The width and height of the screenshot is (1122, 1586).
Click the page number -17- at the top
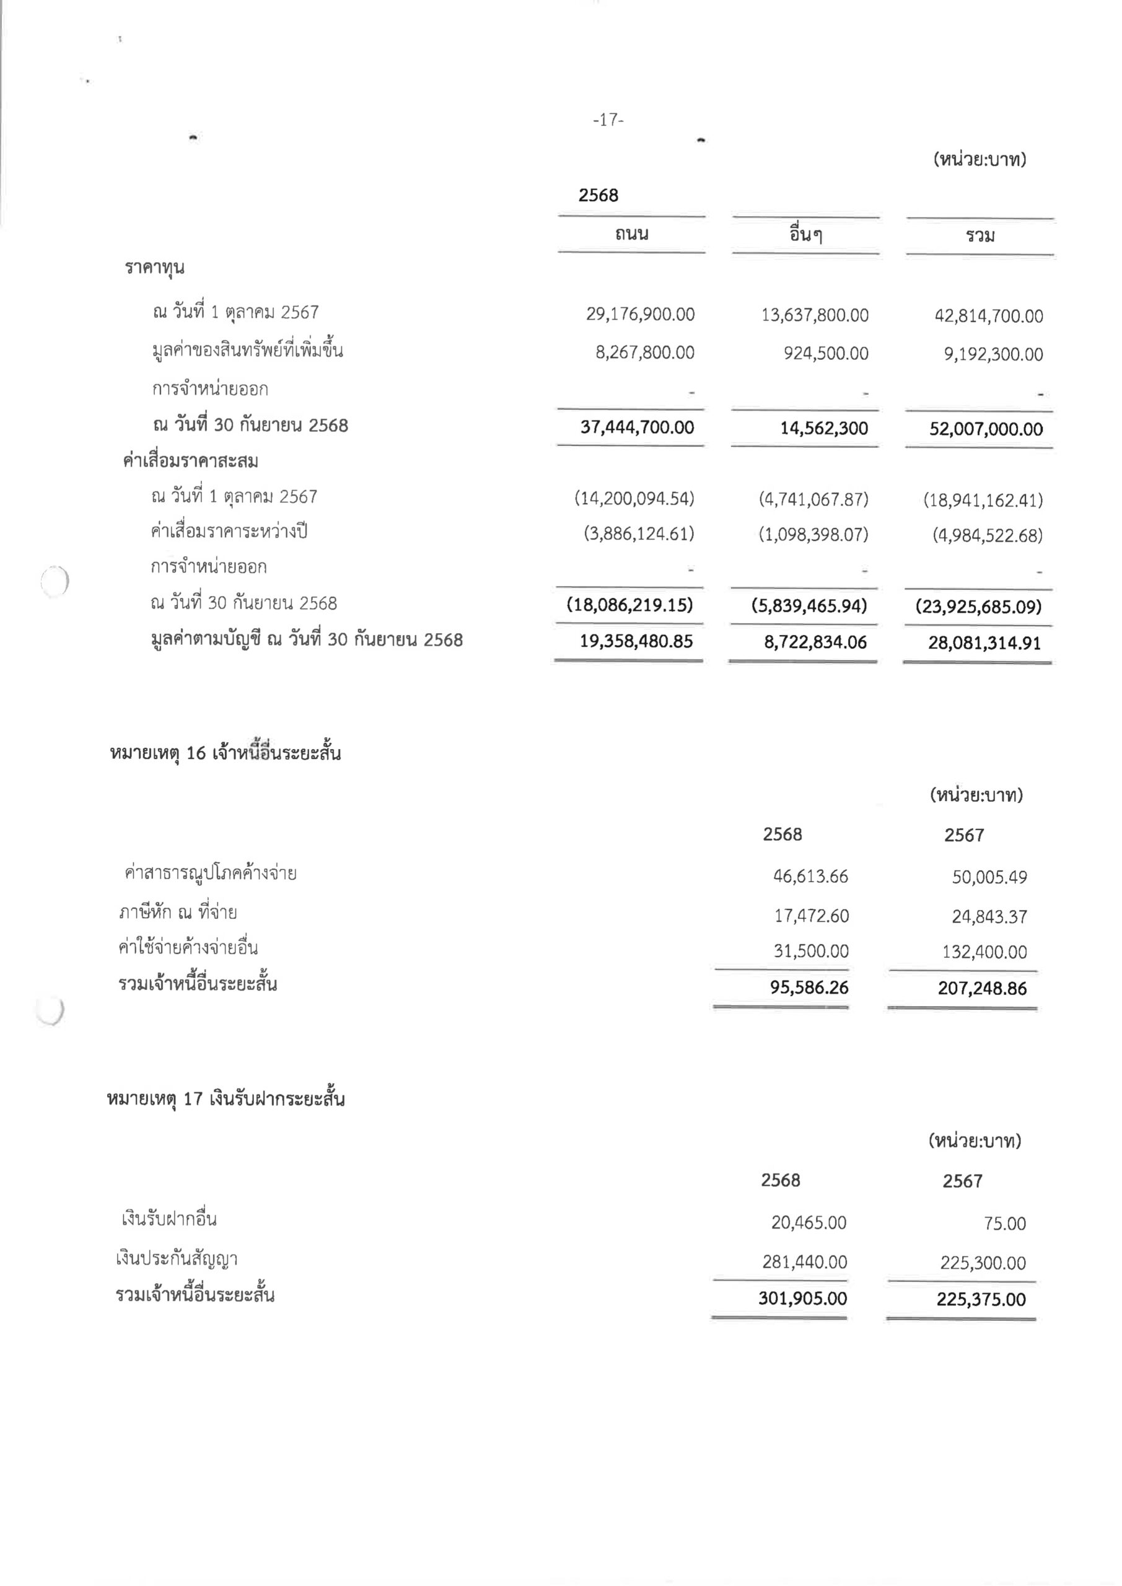[608, 120]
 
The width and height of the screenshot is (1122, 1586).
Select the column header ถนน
[631, 234]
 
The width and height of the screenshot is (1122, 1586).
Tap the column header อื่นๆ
[805, 235]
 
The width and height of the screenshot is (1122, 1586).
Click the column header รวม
[980, 236]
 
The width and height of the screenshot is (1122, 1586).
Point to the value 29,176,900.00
[641, 314]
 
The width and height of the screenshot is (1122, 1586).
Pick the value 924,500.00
[826, 354]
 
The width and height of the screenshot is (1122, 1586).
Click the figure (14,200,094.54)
[634, 498]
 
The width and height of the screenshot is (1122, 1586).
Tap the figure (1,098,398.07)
[813, 535]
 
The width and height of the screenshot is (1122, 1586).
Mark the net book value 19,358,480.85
[636, 641]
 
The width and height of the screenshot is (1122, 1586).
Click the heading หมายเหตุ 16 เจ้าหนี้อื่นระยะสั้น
[226, 753]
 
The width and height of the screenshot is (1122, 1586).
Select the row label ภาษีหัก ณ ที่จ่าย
[178, 913]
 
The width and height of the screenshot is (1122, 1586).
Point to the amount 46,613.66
[810, 877]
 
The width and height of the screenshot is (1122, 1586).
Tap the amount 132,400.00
[984, 952]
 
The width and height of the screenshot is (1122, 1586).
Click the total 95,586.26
[809, 988]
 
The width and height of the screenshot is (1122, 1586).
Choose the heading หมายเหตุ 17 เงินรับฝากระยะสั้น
[226, 1099]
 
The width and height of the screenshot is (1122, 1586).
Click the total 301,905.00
[802, 1299]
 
